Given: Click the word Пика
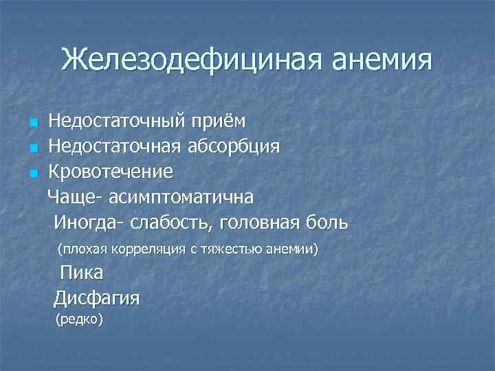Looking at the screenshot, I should click(x=82, y=273).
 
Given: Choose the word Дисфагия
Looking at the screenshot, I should click(x=97, y=298).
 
